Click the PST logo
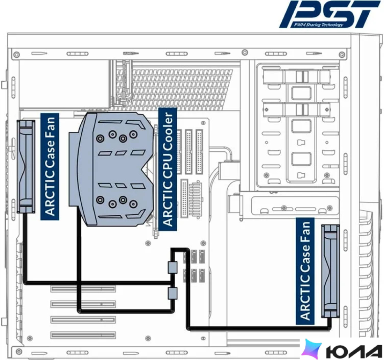[330, 14]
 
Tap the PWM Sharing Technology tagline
[319, 24]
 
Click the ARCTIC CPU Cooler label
[168, 169]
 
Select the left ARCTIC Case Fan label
[50, 166]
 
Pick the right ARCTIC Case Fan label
[305, 271]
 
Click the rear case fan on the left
[26, 166]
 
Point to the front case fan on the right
[330, 271]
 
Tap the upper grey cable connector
[172, 267]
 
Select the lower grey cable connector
[172, 293]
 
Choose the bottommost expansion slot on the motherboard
[83, 335]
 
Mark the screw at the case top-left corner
[17, 55]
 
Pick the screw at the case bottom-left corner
[19, 352]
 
